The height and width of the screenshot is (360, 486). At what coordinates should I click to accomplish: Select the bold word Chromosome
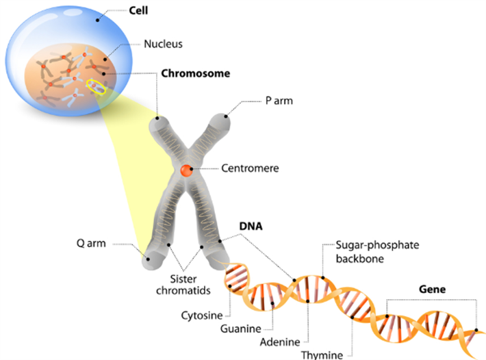[x=195, y=72]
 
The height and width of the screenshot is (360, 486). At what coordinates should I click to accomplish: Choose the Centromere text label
[x=250, y=167]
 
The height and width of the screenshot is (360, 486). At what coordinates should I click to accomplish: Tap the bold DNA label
[x=250, y=224]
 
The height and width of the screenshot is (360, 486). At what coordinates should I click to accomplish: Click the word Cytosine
[x=201, y=316]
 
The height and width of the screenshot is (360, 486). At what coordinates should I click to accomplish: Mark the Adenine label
[x=279, y=341]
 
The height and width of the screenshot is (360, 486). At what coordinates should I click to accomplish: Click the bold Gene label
[x=432, y=290]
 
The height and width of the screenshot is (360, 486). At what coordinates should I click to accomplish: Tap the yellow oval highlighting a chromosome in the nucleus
[x=96, y=86]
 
